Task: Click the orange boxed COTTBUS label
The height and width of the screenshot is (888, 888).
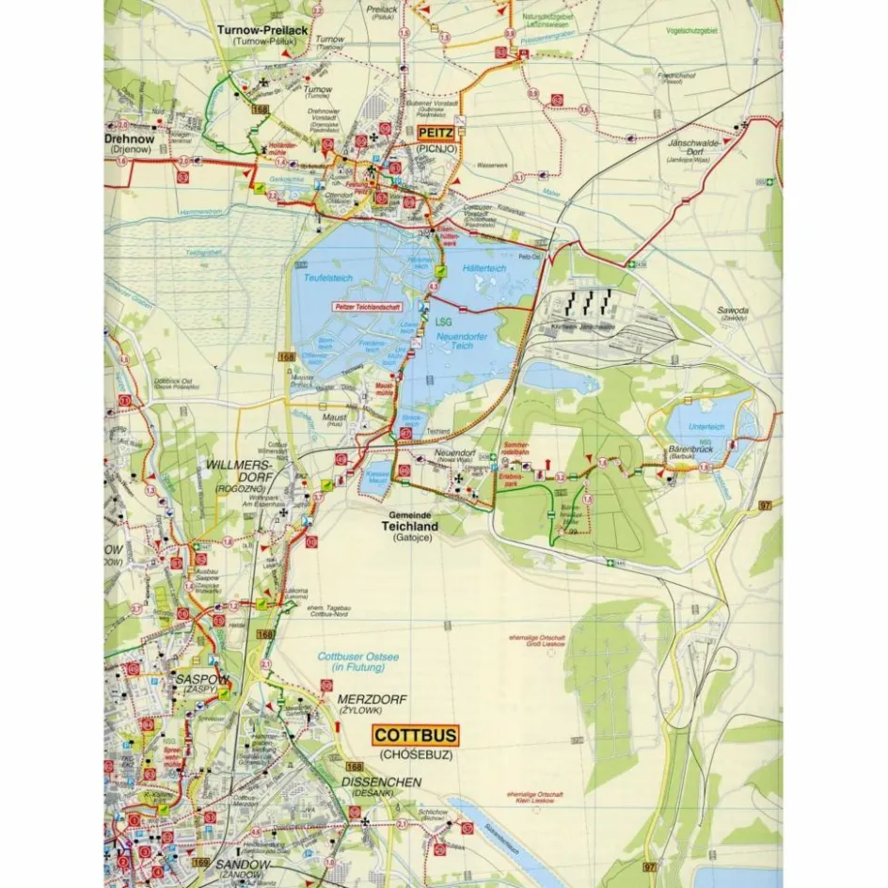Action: click(416, 735)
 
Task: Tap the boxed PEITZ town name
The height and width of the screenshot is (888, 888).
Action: click(435, 134)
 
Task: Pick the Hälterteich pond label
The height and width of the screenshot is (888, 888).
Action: click(484, 269)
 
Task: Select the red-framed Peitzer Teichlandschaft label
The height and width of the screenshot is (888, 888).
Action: click(368, 307)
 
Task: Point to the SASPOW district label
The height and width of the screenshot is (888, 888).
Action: click(197, 678)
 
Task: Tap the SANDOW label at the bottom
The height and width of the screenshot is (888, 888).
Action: click(243, 864)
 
